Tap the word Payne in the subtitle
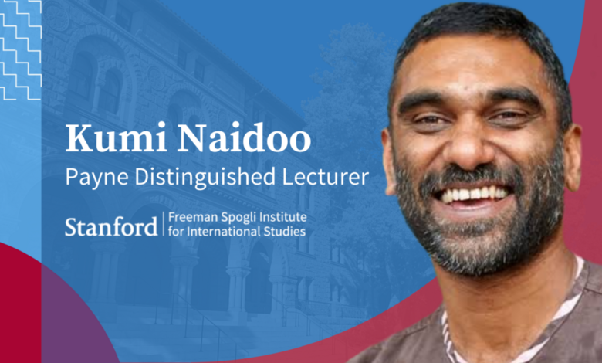pos(95,177)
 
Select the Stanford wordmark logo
pos(110,226)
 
